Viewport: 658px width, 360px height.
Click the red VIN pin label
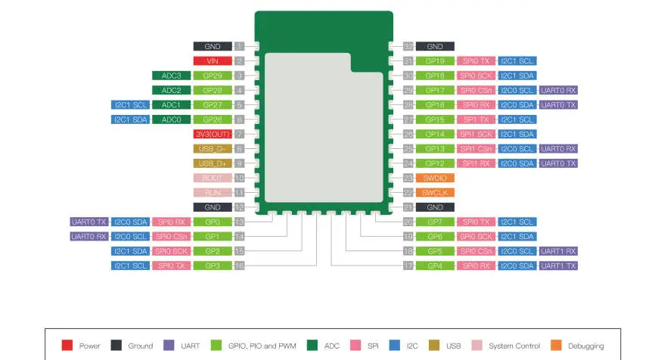click(x=212, y=61)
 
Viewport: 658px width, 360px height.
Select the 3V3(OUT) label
click(x=212, y=134)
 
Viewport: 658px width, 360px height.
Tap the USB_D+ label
click(x=212, y=163)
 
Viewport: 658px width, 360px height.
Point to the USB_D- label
click(x=212, y=148)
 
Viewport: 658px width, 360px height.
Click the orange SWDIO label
click(x=434, y=178)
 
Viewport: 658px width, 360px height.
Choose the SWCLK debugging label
click(x=434, y=192)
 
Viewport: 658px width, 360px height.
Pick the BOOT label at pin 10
click(x=212, y=178)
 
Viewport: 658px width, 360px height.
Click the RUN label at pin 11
click(x=212, y=192)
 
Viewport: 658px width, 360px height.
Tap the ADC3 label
click(x=171, y=76)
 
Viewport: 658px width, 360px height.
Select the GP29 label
click(x=212, y=76)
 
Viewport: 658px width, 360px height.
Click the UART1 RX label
click(x=559, y=251)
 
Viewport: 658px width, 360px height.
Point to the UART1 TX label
click(x=559, y=265)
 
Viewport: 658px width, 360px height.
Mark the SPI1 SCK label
click(x=476, y=134)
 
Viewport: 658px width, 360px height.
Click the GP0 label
click(x=212, y=222)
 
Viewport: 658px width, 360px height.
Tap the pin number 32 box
click(x=408, y=46)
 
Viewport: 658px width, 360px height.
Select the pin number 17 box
click(x=408, y=265)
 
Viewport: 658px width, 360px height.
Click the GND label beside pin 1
click(x=212, y=46)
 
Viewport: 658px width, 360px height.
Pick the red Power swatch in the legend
click(x=67, y=346)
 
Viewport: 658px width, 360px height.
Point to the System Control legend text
click(x=514, y=346)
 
